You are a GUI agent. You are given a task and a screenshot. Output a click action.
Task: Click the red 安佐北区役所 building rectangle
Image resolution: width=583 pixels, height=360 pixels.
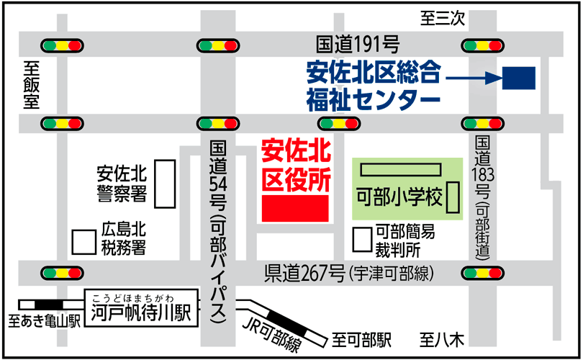click(295, 208)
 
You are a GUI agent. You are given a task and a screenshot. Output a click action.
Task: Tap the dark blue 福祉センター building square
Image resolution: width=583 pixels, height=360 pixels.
click(518, 78)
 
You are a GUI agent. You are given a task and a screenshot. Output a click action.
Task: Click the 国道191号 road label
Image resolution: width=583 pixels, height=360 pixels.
click(357, 45)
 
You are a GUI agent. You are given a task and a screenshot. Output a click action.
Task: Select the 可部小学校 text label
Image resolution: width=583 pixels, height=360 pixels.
click(399, 197)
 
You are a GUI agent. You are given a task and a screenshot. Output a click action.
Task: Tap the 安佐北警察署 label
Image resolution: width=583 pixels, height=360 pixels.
click(122, 184)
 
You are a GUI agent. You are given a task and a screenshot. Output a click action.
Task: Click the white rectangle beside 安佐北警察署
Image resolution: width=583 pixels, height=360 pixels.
click(166, 184)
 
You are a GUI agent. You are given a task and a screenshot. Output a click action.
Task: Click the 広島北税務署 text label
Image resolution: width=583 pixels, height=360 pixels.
click(123, 239)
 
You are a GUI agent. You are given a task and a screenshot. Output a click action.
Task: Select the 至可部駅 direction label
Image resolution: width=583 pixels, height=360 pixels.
click(361, 338)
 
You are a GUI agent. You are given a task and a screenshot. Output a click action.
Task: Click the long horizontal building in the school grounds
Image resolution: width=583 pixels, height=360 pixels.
click(400, 170)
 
